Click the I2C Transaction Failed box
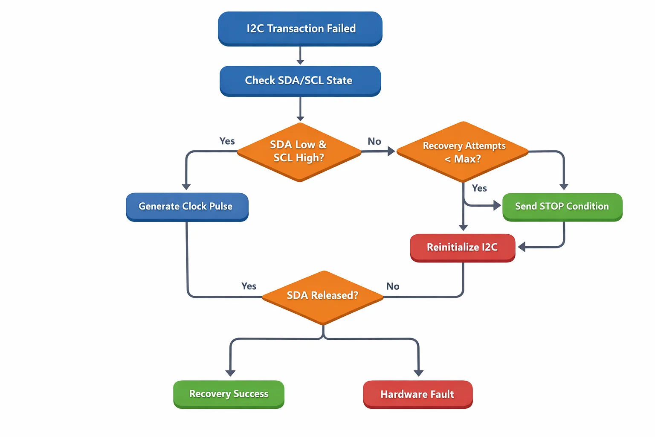click(300, 29)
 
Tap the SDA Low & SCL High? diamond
click(299, 152)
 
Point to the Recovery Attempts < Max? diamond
click(463, 152)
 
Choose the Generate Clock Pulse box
click(187, 207)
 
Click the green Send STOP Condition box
click(562, 207)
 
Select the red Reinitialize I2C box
click(463, 248)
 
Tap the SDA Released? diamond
click(323, 296)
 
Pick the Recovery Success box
click(229, 394)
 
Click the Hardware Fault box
click(417, 394)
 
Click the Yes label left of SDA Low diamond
click(227, 141)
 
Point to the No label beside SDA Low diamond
click(374, 141)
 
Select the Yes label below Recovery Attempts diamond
click(479, 188)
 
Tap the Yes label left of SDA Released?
click(249, 286)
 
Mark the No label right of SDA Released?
click(393, 286)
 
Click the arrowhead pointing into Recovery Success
click(230, 373)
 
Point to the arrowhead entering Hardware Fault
click(418, 373)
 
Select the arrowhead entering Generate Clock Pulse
click(186, 187)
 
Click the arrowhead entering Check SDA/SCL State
click(300, 62)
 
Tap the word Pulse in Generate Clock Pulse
click(221, 207)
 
